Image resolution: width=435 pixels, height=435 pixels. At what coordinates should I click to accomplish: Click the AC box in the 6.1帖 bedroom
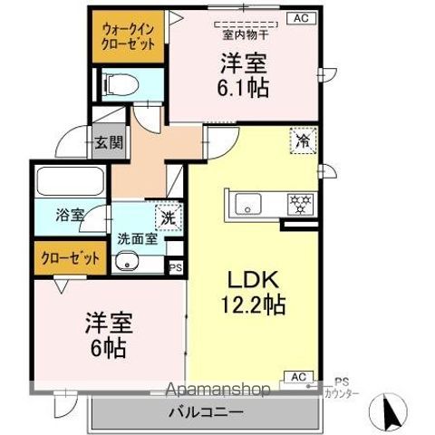click(x=301, y=18)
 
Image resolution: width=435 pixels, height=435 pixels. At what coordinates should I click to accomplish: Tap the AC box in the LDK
click(x=299, y=377)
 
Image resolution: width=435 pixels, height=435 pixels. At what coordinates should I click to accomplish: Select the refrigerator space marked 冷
click(x=303, y=140)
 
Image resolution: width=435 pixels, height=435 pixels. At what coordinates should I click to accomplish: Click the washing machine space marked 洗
click(x=169, y=217)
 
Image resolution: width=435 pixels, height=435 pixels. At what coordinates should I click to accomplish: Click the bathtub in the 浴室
click(x=71, y=182)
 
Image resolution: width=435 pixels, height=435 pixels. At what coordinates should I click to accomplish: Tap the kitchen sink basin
click(x=248, y=204)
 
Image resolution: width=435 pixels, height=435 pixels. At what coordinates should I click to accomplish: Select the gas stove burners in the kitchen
click(x=301, y=204)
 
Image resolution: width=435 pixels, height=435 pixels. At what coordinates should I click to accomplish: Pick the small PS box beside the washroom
click(x=176, y=267)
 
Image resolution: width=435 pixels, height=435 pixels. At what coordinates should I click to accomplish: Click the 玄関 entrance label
click(x=109, y=142)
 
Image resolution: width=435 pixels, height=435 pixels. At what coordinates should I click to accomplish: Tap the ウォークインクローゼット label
click(x=128, y=37)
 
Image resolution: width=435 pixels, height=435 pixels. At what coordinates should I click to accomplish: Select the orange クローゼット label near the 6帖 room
click(x=70, y=258)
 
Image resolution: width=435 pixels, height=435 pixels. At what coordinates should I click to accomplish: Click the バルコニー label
click(x=206, y=412)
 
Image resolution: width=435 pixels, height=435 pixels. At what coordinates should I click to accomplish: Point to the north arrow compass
click(x=389, y=411)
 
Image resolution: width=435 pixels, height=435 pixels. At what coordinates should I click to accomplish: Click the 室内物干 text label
click(x=246, y=35)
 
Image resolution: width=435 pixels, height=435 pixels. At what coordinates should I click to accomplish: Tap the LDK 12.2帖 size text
click(x=253, y=292)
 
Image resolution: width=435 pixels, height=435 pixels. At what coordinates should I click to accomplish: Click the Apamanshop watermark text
click(x=217, y=390)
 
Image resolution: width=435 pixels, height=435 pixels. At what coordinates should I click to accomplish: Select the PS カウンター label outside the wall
click(x=342, y=388)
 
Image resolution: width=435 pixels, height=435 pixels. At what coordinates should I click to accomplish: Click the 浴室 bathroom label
click(x=70, y=215)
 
